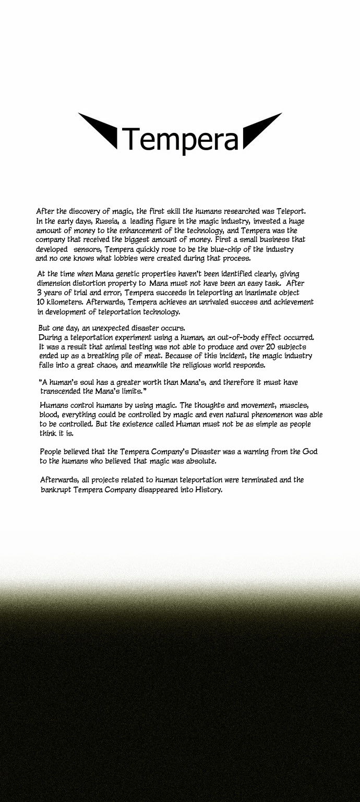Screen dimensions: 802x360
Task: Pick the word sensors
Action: tap(86, 249)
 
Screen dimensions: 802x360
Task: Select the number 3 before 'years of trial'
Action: tap(40, 293)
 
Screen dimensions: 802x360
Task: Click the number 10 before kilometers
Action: tap(42, 302)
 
